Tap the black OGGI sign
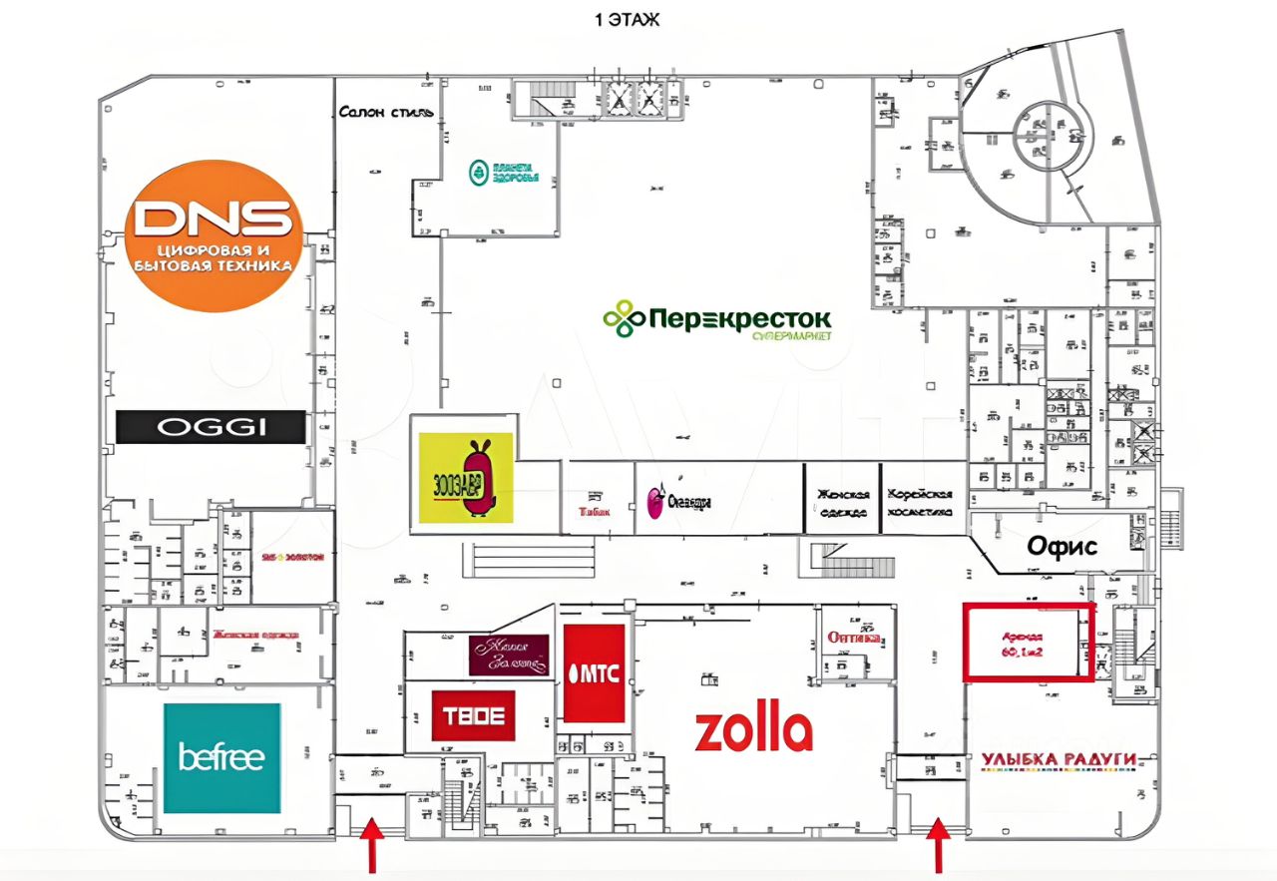coord(211,427)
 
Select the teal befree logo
coord(221,757)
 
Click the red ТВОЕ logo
coord(474,715)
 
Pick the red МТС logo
coord(594,673)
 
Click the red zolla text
coord(753,731)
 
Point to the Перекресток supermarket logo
coord(717,320)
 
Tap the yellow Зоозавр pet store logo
coord(466,477)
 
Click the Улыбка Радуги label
coord(1059,761)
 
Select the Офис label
coord(1063,547)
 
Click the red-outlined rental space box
coord(1028,643)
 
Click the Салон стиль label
coord(385,112)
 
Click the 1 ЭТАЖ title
coord(627,19)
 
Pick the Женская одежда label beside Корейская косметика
coord(843,503)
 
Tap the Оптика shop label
coord(853,638)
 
